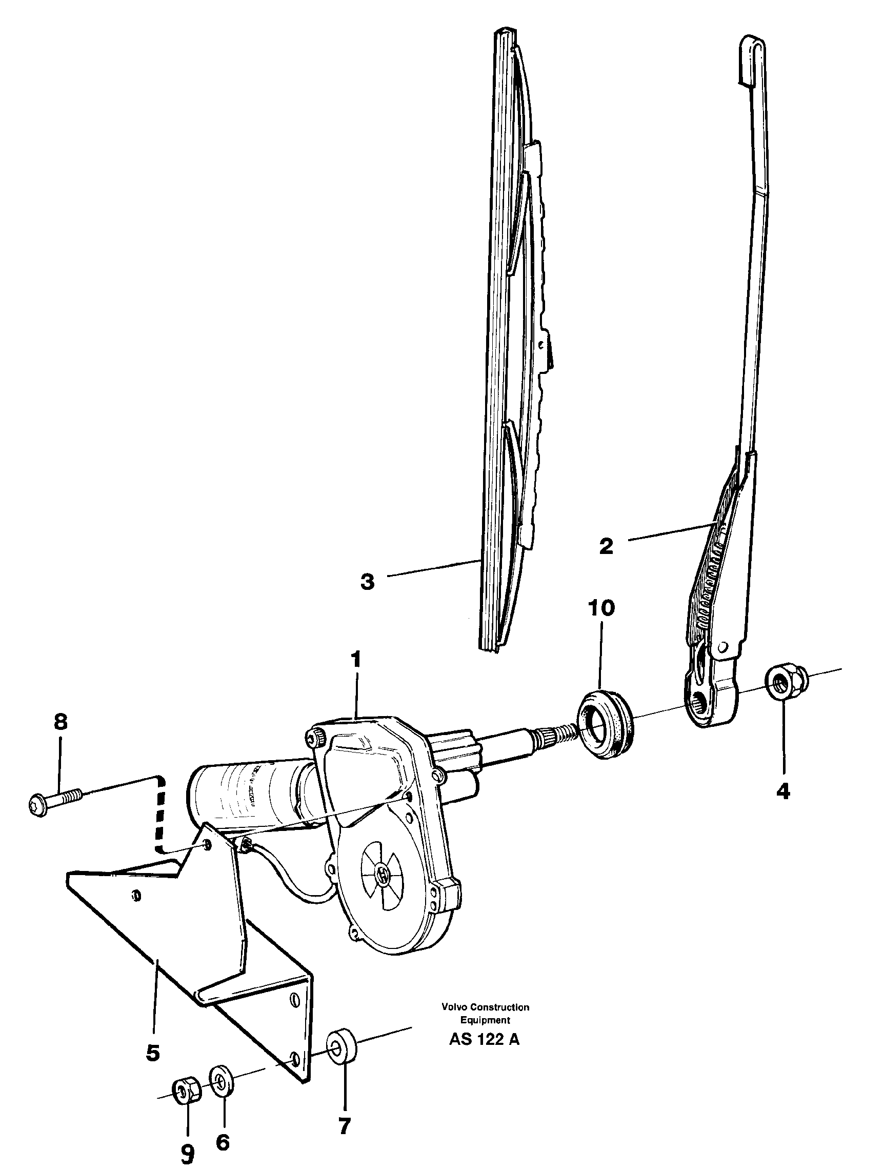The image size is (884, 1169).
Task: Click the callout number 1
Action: [x=357, y=660]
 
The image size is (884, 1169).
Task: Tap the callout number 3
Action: [x=367, y=582]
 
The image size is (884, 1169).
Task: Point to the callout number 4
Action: [x=783, y=791]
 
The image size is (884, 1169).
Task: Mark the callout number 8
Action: [x=61, y=721]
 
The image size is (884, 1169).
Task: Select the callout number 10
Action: [x=601, y=608]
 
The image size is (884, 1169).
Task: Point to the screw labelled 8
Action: [x=55, y=799]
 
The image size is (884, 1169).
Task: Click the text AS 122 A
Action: [x=484, y=1039]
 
